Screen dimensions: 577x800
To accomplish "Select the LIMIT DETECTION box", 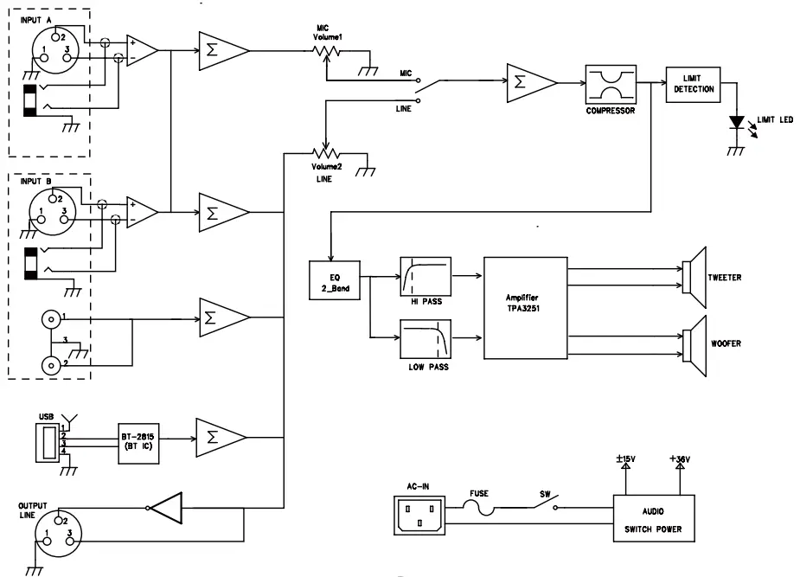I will pyautogui.click(x=693, y=84).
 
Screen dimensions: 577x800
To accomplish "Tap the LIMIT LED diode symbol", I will pyautogui.click(x=737, y=124).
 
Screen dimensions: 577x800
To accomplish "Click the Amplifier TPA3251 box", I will pyautogui.click(x=525, y=308).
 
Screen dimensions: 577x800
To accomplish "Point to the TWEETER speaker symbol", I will pyautogui.click(x=694, y=277).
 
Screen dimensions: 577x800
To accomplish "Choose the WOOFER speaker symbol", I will pyautogui.click(x=694, y=344).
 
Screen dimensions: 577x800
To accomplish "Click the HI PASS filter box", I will pyautogui.click(x=426, y=277).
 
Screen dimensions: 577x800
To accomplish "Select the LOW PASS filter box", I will pyautogui.click(x=426, y=338).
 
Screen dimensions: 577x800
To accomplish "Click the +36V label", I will pyautogui.click(x=680, y=460).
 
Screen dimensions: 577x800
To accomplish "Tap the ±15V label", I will pyautogui.click(x=627, y=460).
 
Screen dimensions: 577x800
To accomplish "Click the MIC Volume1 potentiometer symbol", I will pyautogui.click(x=326, y=53).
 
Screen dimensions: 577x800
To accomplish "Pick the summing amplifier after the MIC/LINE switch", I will pyautogui.click(x=528, y=82).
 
